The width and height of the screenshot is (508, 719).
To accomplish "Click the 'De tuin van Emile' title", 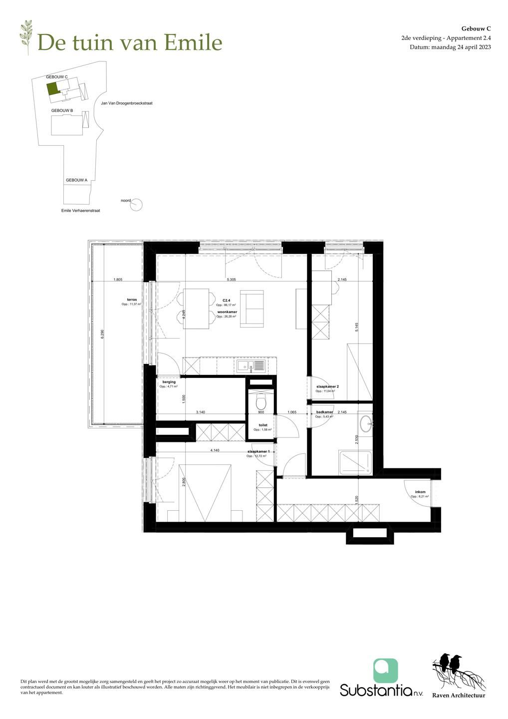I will point(129,42).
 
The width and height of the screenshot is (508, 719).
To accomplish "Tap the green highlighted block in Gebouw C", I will point(52,88).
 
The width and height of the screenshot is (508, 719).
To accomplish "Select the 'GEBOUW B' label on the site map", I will point(62,110).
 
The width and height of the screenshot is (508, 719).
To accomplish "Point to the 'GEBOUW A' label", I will point(76,180).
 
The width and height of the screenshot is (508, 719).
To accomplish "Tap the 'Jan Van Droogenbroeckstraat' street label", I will point(126,103).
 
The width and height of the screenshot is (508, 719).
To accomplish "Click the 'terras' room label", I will point(132,300).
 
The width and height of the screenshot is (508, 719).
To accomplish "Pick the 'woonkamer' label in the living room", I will point(227,312).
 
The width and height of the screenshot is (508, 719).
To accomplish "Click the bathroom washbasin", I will point(366,423).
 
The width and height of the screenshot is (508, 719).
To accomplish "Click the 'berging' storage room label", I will point(169,382).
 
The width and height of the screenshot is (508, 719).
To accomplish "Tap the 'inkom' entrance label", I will point(420,492).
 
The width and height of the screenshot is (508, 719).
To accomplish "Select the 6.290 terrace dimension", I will point(102,334).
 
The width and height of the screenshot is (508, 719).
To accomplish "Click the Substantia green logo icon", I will point(385,671).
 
